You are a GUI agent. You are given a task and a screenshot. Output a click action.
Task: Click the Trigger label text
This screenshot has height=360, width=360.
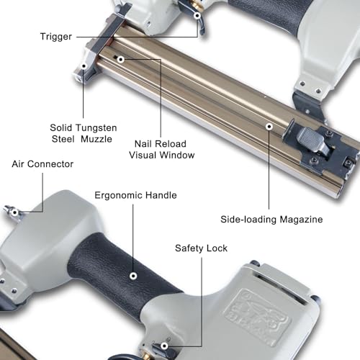pyautogui.click(x=56, y=37)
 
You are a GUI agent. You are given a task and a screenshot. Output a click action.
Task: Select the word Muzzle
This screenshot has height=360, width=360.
pyautogui.click(x=96, y=139)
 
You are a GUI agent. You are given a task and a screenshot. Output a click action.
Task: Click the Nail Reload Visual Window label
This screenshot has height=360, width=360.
pyautogui.click(x=161, y=150)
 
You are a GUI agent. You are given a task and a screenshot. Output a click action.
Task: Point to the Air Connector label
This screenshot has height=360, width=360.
pyautogui.click(x=42, y=164)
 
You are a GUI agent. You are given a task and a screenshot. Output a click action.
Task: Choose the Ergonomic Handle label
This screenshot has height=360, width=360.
pyautogui.click(x=135, y=196)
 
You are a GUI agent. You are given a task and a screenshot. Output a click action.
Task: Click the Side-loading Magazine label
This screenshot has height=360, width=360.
pyautogui.click(x=271, y=220)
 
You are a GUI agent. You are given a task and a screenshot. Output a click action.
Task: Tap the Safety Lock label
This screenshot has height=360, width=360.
pyautogui.click(x=201, y=248)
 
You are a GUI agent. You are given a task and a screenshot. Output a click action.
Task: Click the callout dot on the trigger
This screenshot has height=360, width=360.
pyautogui.click(x=197, y=16)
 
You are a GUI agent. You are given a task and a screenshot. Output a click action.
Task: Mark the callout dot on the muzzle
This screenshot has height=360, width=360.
pyautogui.click(x=84, y=66)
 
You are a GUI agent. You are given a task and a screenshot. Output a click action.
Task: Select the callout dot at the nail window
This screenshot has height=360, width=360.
pyautogui.click(x=121, y=59)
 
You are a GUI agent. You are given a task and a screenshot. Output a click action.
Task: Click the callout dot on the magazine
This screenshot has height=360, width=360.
pyautogui.click(x=269, y=127)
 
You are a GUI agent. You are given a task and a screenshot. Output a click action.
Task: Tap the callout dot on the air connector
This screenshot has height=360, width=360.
pyautogui.click(x=15, y=212)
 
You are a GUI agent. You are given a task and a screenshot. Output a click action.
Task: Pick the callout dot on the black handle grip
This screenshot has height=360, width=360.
pyautogui.click(x=133, y=276)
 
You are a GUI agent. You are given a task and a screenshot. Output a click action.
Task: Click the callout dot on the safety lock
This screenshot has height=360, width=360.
pyautogui.click(x=164, y=346)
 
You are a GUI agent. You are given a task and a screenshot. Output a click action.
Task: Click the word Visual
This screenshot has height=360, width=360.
pyautogui.click(x=143, y=155)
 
